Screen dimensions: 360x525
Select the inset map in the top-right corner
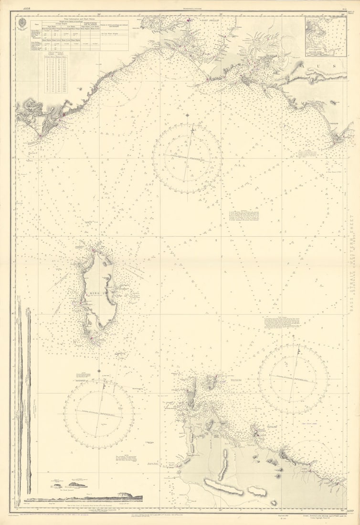[x=326, y=37]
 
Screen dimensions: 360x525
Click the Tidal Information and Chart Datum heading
[x=79, y=21]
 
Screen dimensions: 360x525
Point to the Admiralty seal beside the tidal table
[x=23, y=24]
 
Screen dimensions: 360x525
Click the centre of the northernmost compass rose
[x=187, y=158]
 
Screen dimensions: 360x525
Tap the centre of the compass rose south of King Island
[x=99, y=414]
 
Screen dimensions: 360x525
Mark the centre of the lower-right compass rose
[x=293, y=379]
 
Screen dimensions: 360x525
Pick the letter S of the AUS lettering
[x=341, y=65]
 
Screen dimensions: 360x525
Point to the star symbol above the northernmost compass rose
[x=187, y=115]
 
